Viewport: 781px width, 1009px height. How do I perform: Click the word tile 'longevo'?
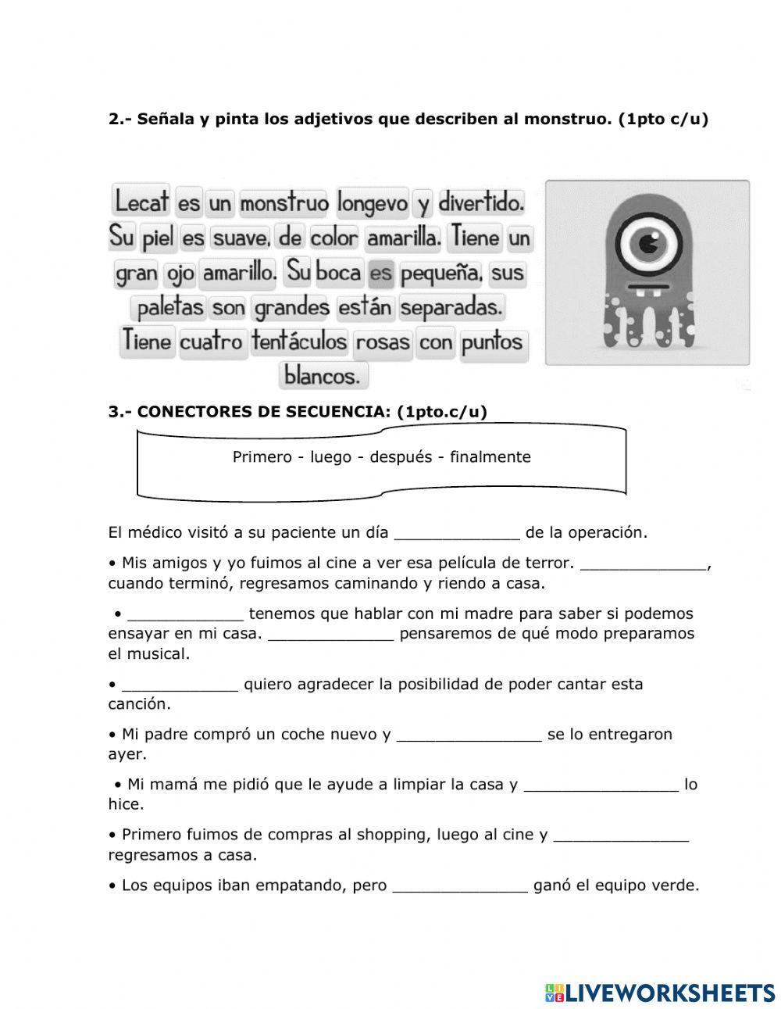(x=373, y=204)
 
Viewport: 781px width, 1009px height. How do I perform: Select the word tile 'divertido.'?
(x=480, y=203)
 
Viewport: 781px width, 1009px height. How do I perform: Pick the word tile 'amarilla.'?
(x=404, y=238)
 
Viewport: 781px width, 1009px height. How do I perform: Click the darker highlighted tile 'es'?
(x=380, y=274)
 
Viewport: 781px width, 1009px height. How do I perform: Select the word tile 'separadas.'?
(x=451, y=307)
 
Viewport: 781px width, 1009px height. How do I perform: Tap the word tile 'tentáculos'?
(x=299, y=342)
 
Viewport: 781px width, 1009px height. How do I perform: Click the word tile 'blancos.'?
(x=323, y=376)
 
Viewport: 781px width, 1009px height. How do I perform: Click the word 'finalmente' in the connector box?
(x=490, y=457)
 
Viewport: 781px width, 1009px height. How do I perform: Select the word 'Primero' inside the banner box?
(x=262, y=457)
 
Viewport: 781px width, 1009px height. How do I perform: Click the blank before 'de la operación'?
(x=457, y=534)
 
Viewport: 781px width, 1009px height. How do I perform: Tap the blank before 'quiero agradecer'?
(x=180, y=685)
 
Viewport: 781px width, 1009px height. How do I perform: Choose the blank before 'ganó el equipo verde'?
(x=460, y=886)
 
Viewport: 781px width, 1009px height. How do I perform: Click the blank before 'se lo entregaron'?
(x=469, y=735)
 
